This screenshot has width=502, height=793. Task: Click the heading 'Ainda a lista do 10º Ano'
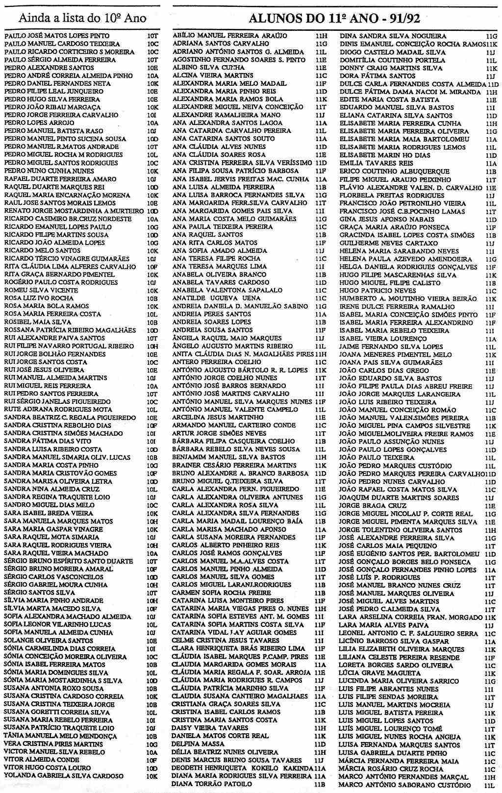tap(82, 18)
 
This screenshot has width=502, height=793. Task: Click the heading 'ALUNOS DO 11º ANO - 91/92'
tap(335, 19)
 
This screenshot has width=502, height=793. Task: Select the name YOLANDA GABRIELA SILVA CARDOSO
tap(64, 776)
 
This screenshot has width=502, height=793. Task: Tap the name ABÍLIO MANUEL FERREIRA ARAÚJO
tap(229, 36)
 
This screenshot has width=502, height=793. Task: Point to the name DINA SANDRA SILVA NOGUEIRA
tap(393, 36)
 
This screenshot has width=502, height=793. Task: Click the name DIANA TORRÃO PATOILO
tap(212, 784)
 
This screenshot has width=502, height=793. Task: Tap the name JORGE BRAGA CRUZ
tap(366, 506)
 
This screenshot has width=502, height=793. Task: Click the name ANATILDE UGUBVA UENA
tap(216, 298)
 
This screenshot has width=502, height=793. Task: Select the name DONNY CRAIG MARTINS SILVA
tap(384, 68)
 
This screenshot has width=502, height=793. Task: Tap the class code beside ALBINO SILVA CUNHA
tap(321, 68)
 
